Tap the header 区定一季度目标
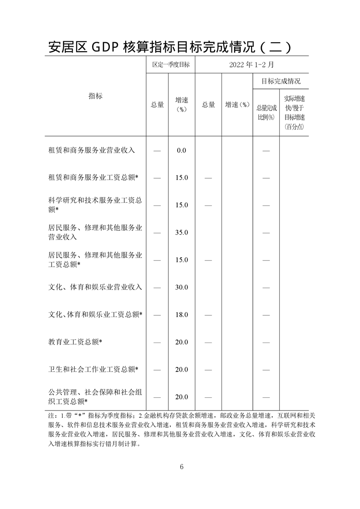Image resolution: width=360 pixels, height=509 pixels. pos(171,65)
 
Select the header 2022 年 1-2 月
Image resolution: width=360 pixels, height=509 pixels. pos(252,65)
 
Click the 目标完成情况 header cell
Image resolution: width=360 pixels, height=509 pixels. pos(281,82)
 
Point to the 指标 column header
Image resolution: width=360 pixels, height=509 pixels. pos(95,96)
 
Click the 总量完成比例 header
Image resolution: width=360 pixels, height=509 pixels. pos(266,112)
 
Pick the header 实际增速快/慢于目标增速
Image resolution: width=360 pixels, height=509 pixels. pos(294,112)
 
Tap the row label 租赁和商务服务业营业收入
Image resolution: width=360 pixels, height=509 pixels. pos(92,150)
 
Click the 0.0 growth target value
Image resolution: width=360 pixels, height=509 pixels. pos(182,151)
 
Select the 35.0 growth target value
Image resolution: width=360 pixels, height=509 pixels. pos(182,233)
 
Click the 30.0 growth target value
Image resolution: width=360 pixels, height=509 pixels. pos(182,288)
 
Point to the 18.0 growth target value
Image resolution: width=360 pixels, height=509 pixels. pos(182,315)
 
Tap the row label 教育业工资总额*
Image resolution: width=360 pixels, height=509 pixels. pos(75,342)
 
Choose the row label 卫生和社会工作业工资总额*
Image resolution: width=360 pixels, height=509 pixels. pos(93,369)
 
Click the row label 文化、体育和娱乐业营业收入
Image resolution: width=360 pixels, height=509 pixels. pos(95,287)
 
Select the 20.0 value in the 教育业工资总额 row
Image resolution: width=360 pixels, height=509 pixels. pos(182,342)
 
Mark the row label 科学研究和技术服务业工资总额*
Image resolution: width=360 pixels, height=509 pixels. pos(95,205)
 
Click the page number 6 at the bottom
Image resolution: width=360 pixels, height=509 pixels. pos(181,467)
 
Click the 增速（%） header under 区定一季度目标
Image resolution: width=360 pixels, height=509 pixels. pos(182,104)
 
